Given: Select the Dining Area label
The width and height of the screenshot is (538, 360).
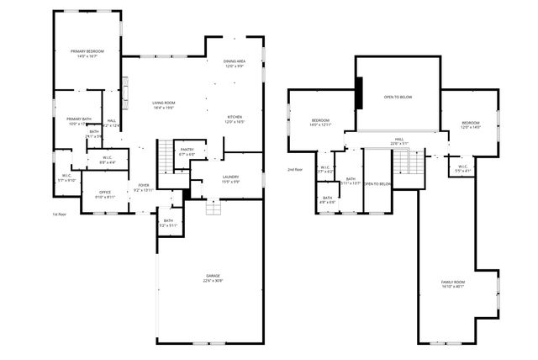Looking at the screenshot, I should click(x=235, y=64).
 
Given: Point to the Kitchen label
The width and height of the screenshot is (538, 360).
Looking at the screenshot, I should click(x=235, y=119).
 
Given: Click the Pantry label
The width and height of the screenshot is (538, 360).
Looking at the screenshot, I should click(x=187, y=152).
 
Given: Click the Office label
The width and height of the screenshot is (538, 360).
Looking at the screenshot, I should click(x=105, y=194).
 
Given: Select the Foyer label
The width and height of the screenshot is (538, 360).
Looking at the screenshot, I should click(x=144, y=188).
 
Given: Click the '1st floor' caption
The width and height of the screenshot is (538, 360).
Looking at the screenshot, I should click(x=59, y=214).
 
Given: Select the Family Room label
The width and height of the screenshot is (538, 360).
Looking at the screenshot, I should click(x=452, y=284).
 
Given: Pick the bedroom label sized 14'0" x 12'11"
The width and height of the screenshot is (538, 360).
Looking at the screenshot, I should click(x=321, y=122).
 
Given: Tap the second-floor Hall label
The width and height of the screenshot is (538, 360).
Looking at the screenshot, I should click(x=398, y=141).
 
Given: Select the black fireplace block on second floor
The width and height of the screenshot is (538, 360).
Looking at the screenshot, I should click(x=359, y=93).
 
